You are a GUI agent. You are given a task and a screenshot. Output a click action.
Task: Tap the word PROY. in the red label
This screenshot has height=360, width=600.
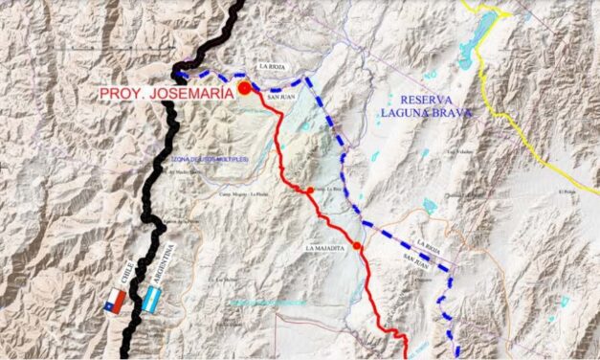pyautogui.click(x=122, y=94)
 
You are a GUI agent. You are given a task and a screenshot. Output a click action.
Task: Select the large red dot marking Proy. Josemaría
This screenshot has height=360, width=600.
pyautogui.click(x=245, y=88)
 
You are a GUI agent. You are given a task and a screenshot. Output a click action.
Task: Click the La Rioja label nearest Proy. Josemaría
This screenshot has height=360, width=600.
pyautogui.click(x=271, y=66)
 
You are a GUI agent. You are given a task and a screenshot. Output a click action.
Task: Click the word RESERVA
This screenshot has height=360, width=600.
pyautogui.click(x=431, y=100)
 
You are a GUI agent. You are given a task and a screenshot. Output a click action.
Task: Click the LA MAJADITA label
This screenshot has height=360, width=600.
pyautogui.click(x=325, y=247)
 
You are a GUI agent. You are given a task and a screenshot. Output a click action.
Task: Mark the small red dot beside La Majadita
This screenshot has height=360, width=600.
pyautogui.click(x=357, y=246)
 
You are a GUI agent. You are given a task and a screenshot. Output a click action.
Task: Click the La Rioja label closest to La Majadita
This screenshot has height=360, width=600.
pyautogui.click(x=428, y=244)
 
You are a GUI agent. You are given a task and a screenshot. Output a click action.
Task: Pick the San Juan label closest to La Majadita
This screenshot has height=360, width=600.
pyautogui.click(x=415, y=259)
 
